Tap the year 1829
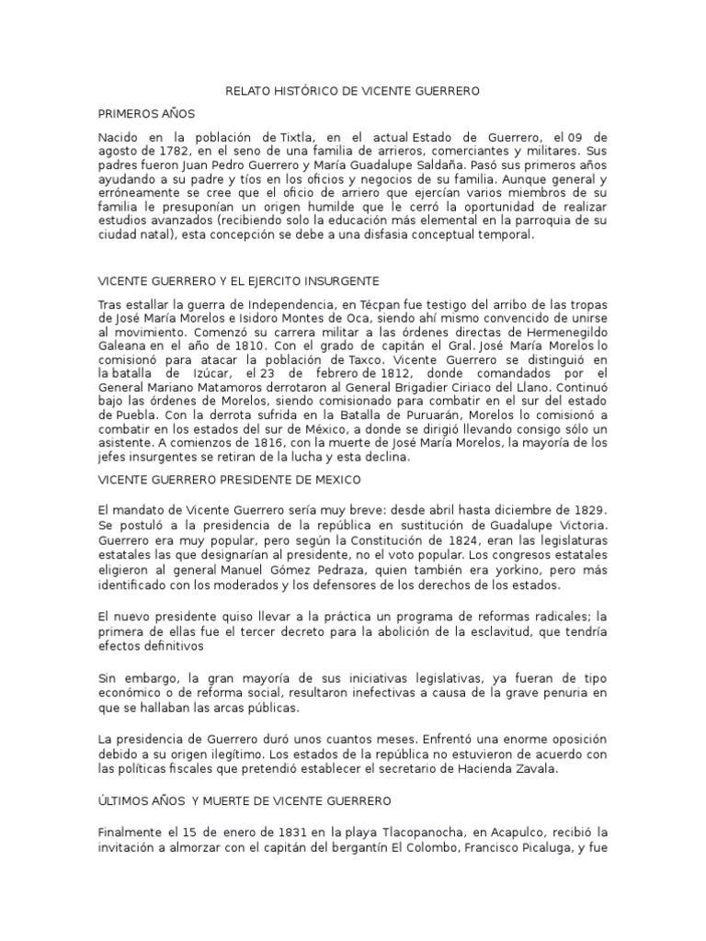[x=586, y=509]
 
